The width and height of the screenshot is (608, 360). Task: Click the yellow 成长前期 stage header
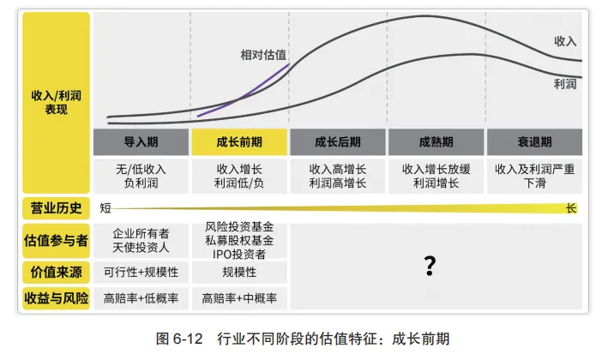click(x=240, y=142)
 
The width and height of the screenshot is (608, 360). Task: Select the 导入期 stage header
click(x=141, y=142)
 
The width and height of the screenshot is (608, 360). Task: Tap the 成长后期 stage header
click(x=338, y=142)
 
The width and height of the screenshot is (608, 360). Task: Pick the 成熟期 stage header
click(x=436, y=142)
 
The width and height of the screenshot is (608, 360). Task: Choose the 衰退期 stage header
click(x=534, y=142)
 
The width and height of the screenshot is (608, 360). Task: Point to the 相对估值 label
click(x=263, y=55)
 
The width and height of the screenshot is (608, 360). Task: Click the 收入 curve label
click(x=565, y=40)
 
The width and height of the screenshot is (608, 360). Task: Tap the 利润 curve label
click(x=565, y=83)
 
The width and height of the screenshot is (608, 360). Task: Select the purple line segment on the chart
click(x=244, y=91)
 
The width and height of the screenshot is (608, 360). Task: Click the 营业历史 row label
click(x=56, y=207)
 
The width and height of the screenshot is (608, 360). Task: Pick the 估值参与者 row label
click(x=56, y=241)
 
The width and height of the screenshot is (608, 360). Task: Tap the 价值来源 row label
click(x=56, y=272)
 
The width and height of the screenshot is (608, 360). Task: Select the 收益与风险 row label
click(x=56, y=298)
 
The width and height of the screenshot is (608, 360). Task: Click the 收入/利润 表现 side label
click(x=56, y=102)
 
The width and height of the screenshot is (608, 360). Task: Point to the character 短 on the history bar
click(x=105, y=207)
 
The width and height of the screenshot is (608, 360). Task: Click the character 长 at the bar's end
click(x=572, y=207)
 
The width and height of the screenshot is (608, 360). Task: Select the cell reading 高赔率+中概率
click(x=240, y=298)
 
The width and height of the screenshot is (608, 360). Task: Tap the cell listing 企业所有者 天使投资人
click(x=141, y=240)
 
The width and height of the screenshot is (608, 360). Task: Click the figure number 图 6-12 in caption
click(x=183, y=338)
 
